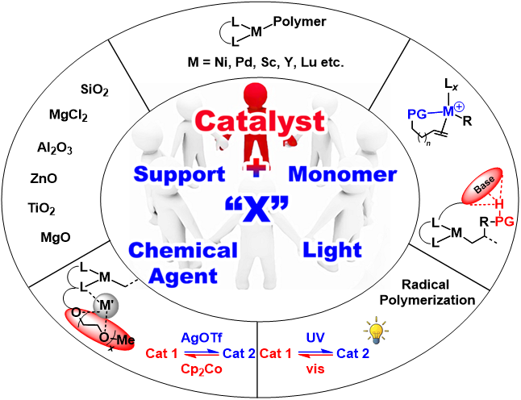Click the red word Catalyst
coord(259,122)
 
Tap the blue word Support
coord(179,174)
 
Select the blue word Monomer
coord(342,174)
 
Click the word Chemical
coord(183,250)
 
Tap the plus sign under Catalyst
coord(256,167)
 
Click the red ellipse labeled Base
coord(482,187)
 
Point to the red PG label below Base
coord(503,222)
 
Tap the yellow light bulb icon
coord(374,331)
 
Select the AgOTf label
coord(200,339)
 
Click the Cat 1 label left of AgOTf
coord(161,354)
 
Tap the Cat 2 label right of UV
coord(353,354)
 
